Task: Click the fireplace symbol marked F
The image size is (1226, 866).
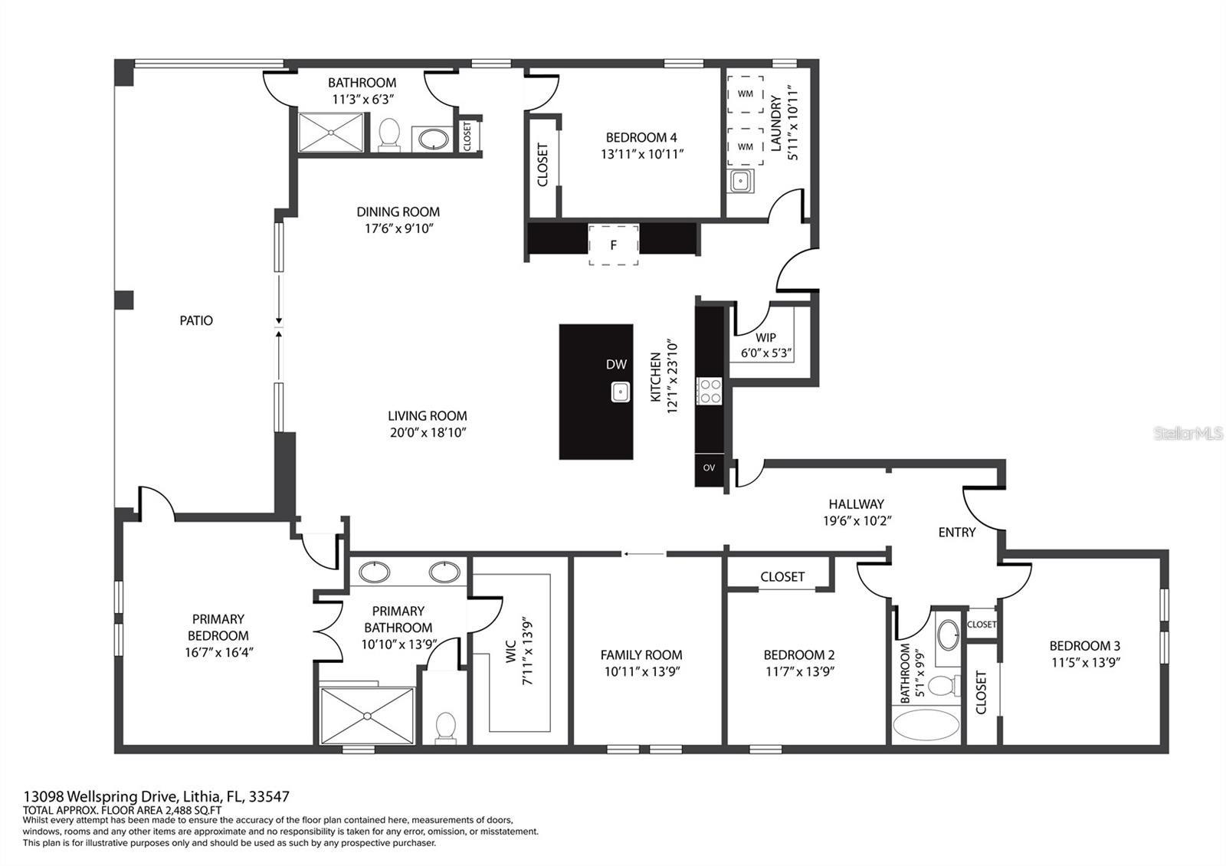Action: pyautogui.click(x=613, y=245)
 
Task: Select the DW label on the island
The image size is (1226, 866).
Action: pyautogui.click(x=616, y=365)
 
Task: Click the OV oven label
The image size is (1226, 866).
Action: pyautogui.click(x=709, y=467)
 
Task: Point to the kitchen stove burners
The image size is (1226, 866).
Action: pyautogui.click(x=709, y=391)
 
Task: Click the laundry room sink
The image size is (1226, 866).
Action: pyautogui.click(x=740, y=182)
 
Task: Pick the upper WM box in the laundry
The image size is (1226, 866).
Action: pyautogui.click(x=745, y=94)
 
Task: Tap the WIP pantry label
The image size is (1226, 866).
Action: pyautogui.click(x=765, y=338)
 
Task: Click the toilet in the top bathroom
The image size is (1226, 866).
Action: pyautogui.click(x=389, y=135)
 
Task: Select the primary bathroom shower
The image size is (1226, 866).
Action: pyautogui.click(x=367, y=716)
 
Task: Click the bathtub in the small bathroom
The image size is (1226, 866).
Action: pyautogui.click(x=926, y=724)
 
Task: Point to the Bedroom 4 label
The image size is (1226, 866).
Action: pyautogui.click(x=641, y=138)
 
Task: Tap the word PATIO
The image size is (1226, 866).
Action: pyautogui.click(x=196, y=320)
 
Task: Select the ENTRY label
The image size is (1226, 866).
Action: pyautogui.click(x=956, y=532)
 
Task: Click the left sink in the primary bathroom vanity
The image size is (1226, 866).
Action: pyautogui.click(x=375, y=572)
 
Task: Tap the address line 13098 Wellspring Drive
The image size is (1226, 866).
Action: pyautogui.click(x=156, y=797)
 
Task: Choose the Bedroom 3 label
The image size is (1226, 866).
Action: pyautogui.click(x=1084, y=646)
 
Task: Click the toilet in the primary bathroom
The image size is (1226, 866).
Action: pyautogui.click(x=445, y=726)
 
